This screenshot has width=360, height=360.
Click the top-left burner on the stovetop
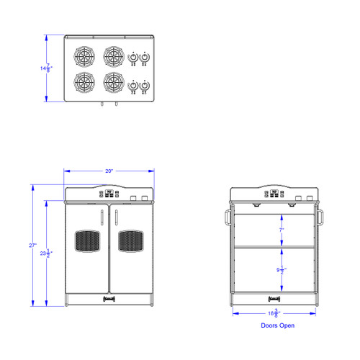click(85, 55)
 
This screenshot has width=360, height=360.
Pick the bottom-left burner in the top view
click(85, 81)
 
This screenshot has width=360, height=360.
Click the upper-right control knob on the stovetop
click(144, 58)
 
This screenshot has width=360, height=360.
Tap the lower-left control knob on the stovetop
click(132, 86)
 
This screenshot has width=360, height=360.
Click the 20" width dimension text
click(109, 171)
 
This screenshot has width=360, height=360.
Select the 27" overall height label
click(32, 246)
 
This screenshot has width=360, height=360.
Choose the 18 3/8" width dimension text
click(273, 312)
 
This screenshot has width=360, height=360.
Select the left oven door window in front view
click(86, 241)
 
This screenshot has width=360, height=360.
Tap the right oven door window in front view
click(130, 241)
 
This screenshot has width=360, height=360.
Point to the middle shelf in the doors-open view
click(273, 248)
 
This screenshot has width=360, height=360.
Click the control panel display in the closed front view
click(109, 193)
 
